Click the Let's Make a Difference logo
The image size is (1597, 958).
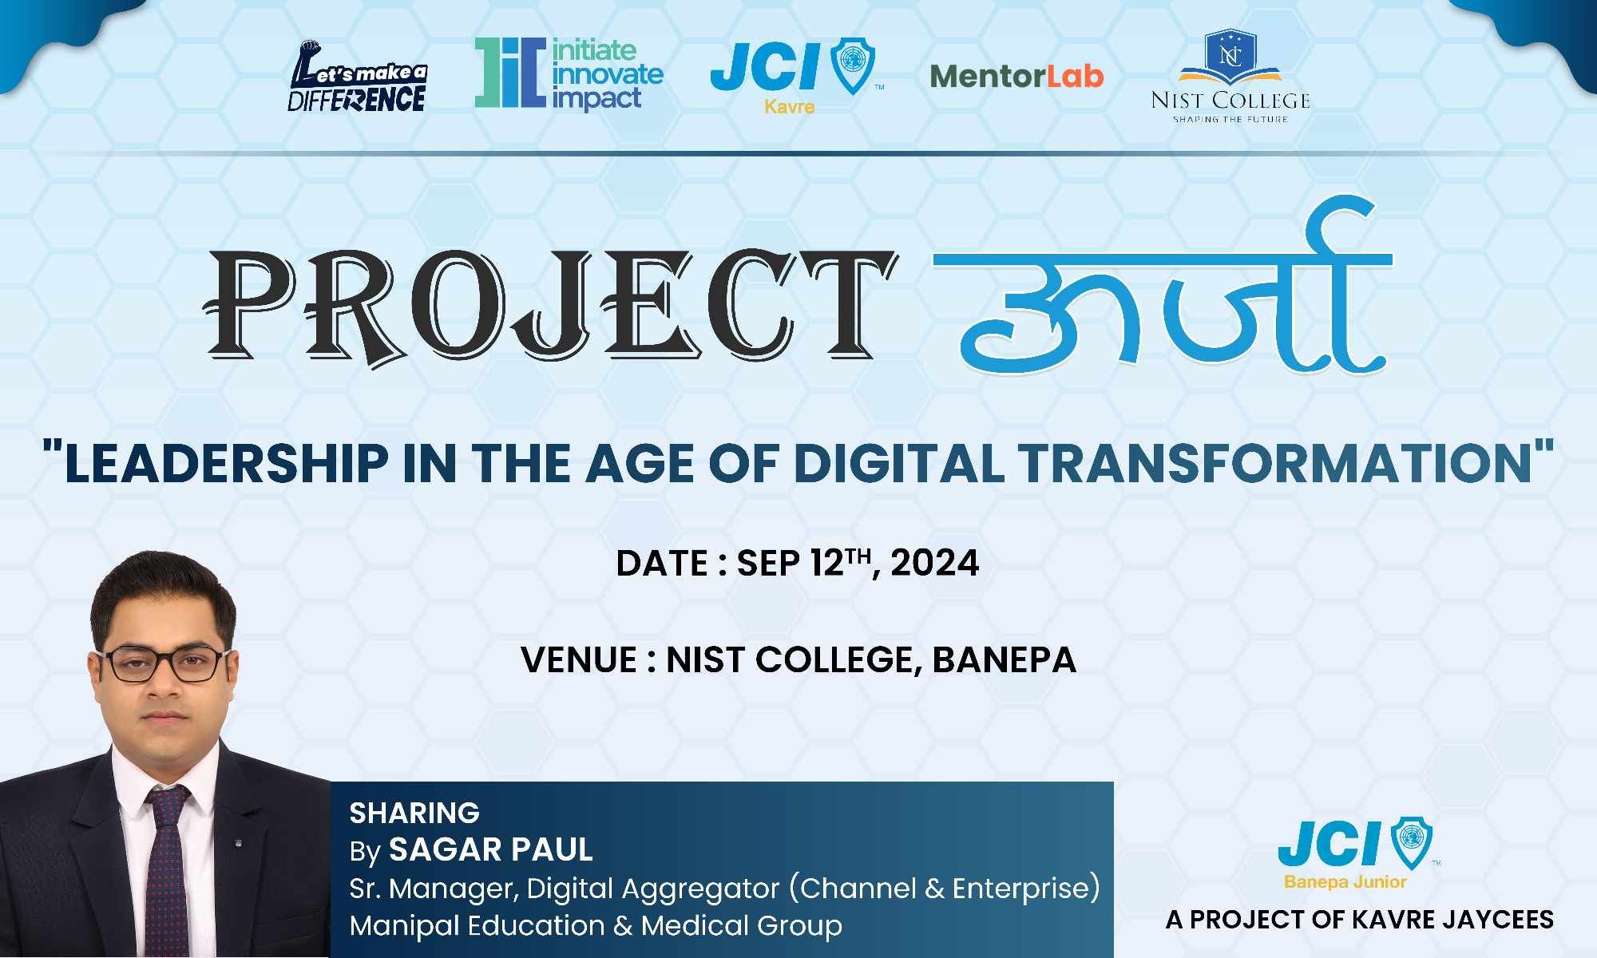(x=357, y=77)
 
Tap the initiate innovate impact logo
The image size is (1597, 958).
(x=569, y=73)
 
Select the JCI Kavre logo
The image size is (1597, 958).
(x=796, y=77)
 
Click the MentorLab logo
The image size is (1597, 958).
(x=1016, y=76)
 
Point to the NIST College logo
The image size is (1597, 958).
(x=1230, y=77)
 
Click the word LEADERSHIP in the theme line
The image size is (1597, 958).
(x=226, y=463)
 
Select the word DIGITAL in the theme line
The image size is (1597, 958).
(x=899, y=463)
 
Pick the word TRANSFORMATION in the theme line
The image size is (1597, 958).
(x=1274, y=463)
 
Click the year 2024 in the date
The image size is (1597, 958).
(x=934, y=563)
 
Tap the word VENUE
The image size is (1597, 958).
(x=579, y=659)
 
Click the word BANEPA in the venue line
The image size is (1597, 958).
(x=1005, y=659)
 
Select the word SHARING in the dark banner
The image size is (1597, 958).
(x=414, y=813)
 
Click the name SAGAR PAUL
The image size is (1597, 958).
(x=490, y=849)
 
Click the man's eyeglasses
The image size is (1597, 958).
(x=162, y=664)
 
